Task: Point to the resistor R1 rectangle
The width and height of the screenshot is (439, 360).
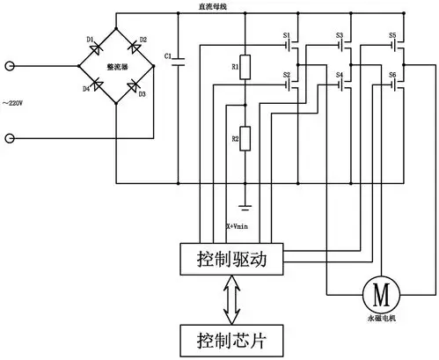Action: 247,67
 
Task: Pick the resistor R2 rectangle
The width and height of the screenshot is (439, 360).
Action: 247,139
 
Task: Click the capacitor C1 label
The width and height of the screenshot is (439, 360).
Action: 168,55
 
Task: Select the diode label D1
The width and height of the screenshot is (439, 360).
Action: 90,40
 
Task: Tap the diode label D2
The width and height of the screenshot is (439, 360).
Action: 143,40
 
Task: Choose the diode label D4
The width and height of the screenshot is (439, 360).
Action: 86,89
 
